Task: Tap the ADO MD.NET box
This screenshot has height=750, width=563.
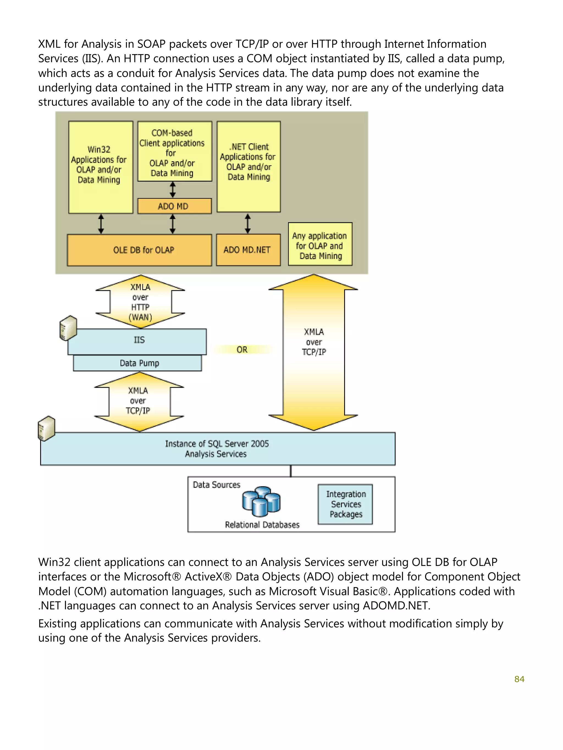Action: [248, 250]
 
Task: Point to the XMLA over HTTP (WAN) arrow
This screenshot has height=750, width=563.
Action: [140, 302]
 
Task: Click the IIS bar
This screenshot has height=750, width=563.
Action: [139, 340]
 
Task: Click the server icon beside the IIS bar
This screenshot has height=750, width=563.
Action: [68, 327]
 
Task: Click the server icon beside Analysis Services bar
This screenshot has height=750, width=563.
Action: [46, 428]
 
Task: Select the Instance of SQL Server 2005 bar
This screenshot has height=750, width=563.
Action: [217, 448]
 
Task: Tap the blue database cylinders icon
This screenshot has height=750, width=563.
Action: [261, 501]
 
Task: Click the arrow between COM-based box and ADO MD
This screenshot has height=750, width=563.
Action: [172, 190]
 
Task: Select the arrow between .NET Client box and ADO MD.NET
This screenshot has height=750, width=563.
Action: [248, 223]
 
